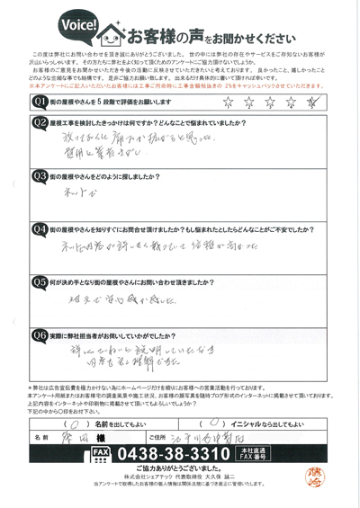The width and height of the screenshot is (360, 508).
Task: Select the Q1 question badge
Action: coord(40,102)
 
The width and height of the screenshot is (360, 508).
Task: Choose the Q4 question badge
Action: coord(40,230)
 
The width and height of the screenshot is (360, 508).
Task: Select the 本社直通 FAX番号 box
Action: coord(275,451)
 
